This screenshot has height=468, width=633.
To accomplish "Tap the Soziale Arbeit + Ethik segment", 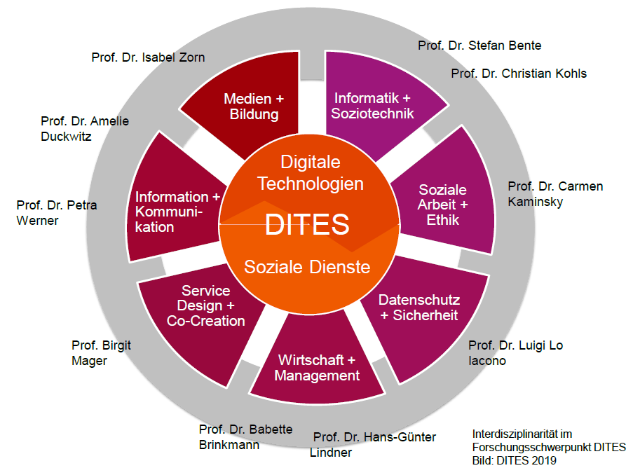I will click(442, 205).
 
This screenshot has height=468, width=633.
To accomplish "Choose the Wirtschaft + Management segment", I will click(317, 368).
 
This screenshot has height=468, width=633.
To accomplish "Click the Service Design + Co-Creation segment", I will click(205, 306).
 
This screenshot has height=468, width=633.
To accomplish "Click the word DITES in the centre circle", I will click(307, 225).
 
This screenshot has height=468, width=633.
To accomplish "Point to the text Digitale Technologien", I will click(311, 173).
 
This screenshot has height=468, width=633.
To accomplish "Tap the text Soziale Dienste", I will click(307, 267).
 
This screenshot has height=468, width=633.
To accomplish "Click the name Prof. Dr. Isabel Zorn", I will click(148, 57).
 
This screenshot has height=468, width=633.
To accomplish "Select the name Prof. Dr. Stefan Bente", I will click(479, 46).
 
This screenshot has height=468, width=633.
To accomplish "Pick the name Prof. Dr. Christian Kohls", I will click(519, 73).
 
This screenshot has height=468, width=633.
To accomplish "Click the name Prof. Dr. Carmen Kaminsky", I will click(554, 194).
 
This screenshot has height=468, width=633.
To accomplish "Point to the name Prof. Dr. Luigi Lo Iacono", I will click(515, 352).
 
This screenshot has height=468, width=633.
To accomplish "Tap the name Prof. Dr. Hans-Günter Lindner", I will click(373, 444).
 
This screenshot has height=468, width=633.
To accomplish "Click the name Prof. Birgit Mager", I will click(101, 352).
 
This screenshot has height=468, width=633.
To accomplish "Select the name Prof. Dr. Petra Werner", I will click(56, 212).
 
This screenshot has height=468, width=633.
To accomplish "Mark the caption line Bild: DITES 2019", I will click(514, 460).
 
